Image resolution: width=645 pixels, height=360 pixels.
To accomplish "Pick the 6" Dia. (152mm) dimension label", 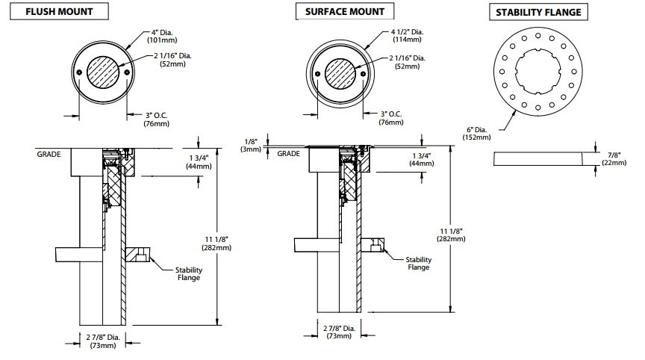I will click(478, 132).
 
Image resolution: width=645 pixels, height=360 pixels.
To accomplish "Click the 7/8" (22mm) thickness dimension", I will click(614, 158).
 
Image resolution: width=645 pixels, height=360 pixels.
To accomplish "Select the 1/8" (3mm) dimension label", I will click(253, 145).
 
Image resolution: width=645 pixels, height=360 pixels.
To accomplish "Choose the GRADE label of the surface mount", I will click(288, 153).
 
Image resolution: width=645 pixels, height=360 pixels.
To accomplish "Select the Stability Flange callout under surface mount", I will click(418, 264).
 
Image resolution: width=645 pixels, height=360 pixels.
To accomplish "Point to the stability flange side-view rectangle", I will click(538, 158).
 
